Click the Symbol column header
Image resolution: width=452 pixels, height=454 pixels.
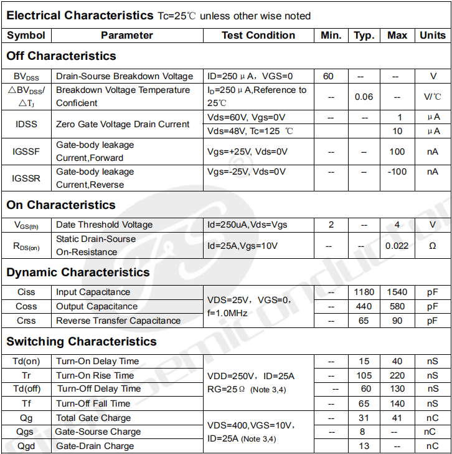pos(26,36)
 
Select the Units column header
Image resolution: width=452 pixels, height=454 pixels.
pos(433,36)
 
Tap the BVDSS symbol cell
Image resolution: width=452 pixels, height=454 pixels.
pos(26,77)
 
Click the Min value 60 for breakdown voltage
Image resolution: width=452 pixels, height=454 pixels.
pos(328,77)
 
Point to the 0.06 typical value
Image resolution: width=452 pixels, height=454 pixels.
pos(364,97)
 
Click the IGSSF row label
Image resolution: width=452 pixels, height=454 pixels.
pos(26,152)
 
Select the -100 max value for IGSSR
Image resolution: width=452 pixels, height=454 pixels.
pos(397,171)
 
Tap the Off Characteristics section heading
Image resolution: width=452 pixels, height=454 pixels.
pos(61,56)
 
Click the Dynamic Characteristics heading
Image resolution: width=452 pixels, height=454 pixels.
pos(78,273)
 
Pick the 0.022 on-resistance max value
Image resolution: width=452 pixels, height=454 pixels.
pos(397,246)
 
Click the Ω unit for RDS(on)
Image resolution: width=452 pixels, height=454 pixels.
pos(433,246)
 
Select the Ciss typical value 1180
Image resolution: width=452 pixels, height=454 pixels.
pos(364,292)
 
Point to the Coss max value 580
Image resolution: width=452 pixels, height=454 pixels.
pos(397,306)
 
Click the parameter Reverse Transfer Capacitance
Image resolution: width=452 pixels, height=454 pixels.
pos(118,321)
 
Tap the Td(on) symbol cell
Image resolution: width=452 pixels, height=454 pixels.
pos(26,361)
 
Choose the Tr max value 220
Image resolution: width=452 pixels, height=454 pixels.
pos(397,375)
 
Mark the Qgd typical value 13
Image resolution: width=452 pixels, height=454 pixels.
pos(364,446)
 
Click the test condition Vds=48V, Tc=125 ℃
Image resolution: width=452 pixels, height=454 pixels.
pos(250,131)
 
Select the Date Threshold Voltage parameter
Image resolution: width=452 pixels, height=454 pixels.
pos(104,225)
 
